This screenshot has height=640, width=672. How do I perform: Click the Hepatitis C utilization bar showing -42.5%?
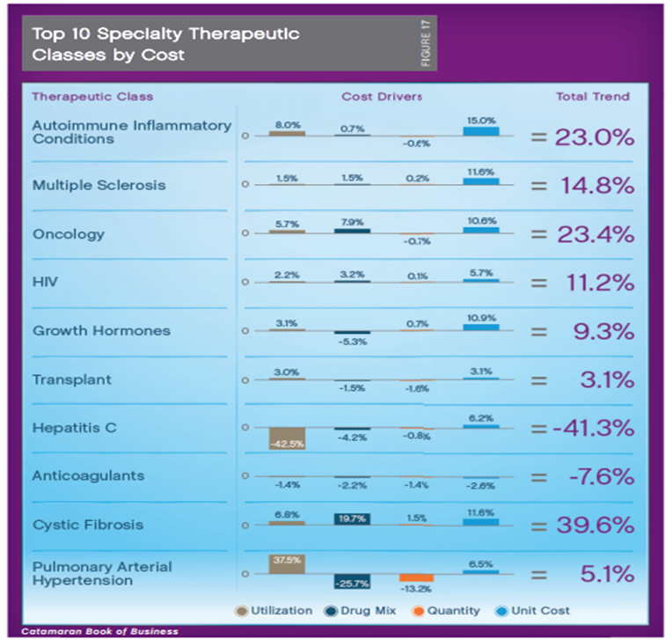click(x=287, y=438)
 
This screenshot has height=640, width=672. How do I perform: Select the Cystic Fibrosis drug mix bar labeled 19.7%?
click(x=352, y=519)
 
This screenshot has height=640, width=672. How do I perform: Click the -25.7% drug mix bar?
click(x=352, y=582)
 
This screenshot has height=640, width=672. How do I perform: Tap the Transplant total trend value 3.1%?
click(x=607, y=380)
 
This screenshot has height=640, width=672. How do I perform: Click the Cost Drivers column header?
click(x=382, y=96)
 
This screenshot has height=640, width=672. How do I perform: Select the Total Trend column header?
click(x=592, y=96)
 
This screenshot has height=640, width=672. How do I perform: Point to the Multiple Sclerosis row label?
click(x=99, y=186)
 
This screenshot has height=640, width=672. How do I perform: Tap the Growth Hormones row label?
click(x=101, y=332)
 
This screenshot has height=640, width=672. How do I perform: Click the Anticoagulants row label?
click(x=88, y=476)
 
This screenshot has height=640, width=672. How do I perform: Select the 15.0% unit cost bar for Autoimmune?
click(x=481, y=130)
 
